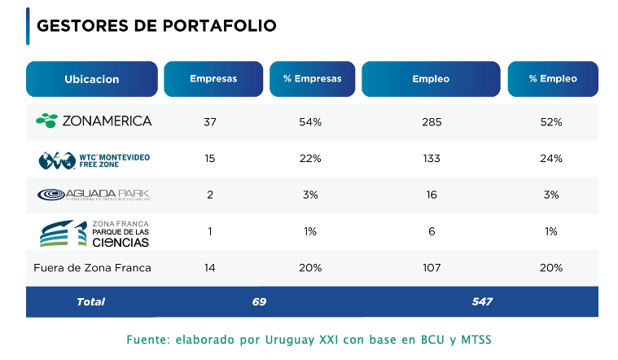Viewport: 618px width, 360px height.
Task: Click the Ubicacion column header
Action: [91, 79]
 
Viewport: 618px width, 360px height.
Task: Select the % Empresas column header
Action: [312, 79]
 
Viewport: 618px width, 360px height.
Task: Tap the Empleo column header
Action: [432, 79]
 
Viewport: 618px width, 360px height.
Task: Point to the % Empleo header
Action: [552, 79]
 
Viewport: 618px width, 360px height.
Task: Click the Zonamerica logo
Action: [94, 121]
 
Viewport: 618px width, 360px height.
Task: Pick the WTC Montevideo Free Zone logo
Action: [94, 159]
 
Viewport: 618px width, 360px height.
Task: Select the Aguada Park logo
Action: [94, 195]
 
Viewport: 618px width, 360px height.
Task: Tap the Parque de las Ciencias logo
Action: [94, 232]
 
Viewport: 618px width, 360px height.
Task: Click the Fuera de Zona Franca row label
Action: [92, 267]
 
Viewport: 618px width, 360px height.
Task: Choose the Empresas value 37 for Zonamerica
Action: [210, 122]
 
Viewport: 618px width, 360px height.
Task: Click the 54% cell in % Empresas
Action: [311, 122]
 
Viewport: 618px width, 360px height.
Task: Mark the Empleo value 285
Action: [432, 122]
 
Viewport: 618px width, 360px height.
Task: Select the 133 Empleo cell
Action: [432, 158]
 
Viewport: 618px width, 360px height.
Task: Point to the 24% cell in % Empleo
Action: [552, 158]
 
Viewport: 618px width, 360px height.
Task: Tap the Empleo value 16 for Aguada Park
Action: [432, 195]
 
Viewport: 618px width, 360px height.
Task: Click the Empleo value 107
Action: [432, 267]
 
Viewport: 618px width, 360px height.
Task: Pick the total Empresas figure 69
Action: [259, 301]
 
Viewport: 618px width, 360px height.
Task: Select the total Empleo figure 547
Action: [482, 301]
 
